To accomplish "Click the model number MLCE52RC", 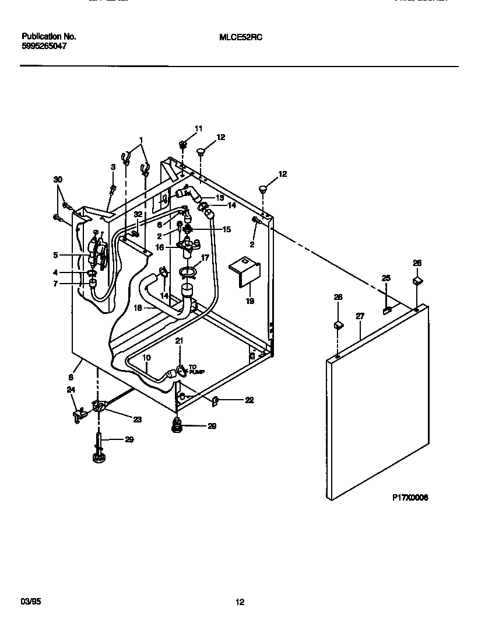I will click(x=241, y=36).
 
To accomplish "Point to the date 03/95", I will click(x=29, y=602).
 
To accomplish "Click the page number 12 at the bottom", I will click(x=240, y=603).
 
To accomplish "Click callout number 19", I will click(x=249, y=301).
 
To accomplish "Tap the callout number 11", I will click(x=198, y=128).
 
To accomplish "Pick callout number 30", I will click(x=57, y=180).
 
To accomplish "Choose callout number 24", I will click(x=71, y=390).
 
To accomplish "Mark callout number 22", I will click(x=249, y=400).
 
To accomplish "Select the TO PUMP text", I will click(x=196, y=369).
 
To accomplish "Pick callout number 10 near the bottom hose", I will click(x=146, y=357).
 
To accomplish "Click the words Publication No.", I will click(x=49, y=36).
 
